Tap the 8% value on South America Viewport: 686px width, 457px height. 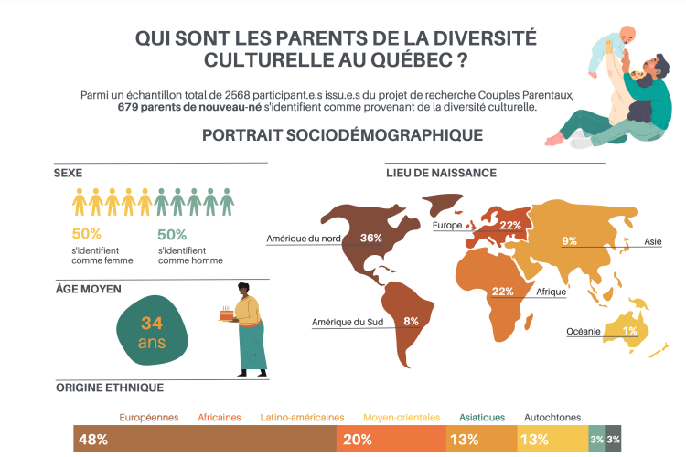[x=411, y=321]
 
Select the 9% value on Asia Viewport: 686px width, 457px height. [x=569, y=241]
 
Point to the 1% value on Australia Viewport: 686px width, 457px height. [x=630, y=331]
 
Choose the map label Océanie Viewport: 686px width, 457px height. [x=584, y=331]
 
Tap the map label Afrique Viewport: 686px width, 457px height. [x=551, y=292]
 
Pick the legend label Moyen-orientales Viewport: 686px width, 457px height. [x=402, y=417]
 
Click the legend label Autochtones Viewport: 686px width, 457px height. [x=552, y=417]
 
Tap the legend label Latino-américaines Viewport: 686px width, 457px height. [x=303, y=417]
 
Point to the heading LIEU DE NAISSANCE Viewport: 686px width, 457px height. [x=441, y=173]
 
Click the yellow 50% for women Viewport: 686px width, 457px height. [x=86, y=234]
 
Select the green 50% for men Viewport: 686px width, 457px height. [x=172, y=234]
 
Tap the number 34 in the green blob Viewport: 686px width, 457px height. [x=152, y=323]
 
